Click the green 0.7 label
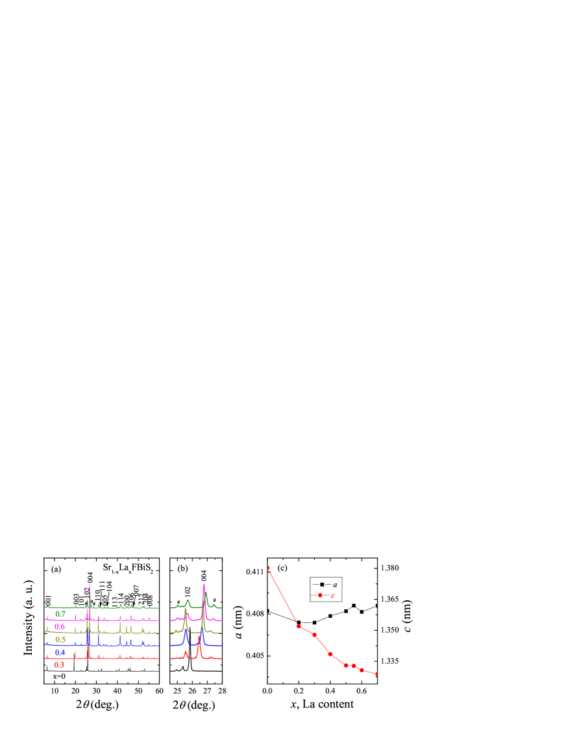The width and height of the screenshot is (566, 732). coord(60,614)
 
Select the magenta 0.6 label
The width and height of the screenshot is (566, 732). coord(60,627)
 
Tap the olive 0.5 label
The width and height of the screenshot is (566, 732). coord(60,640)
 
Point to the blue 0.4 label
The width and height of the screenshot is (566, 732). coord(60,653)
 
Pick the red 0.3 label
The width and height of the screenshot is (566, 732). coord(59,665)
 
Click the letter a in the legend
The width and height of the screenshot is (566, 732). coord(335,585)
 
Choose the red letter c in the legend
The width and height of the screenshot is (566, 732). coord(333,596)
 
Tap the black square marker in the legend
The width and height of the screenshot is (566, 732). coord(321,585)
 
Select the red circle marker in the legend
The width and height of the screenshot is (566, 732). coord(320,596)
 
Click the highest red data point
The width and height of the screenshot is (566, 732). coord(268,568)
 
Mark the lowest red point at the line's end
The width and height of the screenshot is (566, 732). coord(376,674)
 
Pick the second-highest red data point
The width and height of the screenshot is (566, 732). coord(299,626)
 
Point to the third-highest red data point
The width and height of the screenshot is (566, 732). coord(314,635)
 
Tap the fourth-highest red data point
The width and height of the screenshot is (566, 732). coord(330,653)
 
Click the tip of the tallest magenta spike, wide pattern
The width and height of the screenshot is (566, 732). coord(90,584)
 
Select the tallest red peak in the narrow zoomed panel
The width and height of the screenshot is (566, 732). coord(199,637)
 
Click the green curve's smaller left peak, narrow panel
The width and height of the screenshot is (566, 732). coord(188,600)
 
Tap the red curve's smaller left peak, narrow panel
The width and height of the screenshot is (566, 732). coord(186,652)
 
